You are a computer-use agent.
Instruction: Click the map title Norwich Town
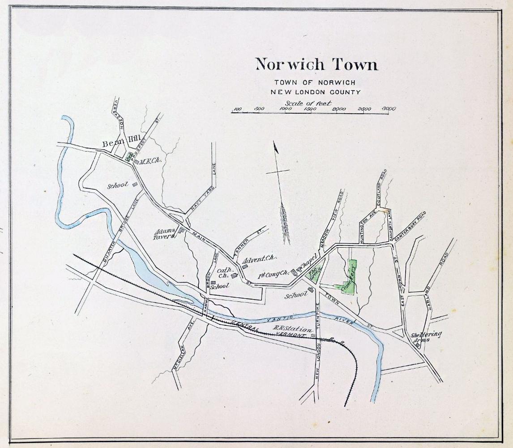[316, 64]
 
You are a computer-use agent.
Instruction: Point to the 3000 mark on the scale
[389, 108]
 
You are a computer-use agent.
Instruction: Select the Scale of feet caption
[308, 103]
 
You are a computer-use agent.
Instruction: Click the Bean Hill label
[118, 144]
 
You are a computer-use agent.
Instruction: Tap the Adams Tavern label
[164, 234]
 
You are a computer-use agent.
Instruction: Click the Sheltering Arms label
[426, 336]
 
